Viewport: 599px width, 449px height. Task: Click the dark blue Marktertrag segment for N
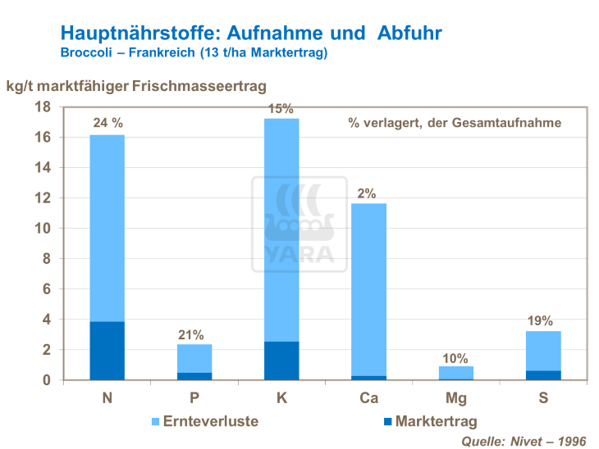tap(107, 351)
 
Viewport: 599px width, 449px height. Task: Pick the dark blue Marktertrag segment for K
tap(281, 361)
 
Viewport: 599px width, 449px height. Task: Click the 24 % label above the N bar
tap(107, 123)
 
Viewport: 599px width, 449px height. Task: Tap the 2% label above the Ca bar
tap(367, 193)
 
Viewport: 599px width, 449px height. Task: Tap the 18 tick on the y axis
tap(43, 107)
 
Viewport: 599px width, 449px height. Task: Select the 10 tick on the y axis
tap(43, 229)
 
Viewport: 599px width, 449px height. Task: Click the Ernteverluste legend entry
tap(206, 421)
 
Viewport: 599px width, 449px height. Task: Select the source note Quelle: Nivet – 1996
tap(525, 441)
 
